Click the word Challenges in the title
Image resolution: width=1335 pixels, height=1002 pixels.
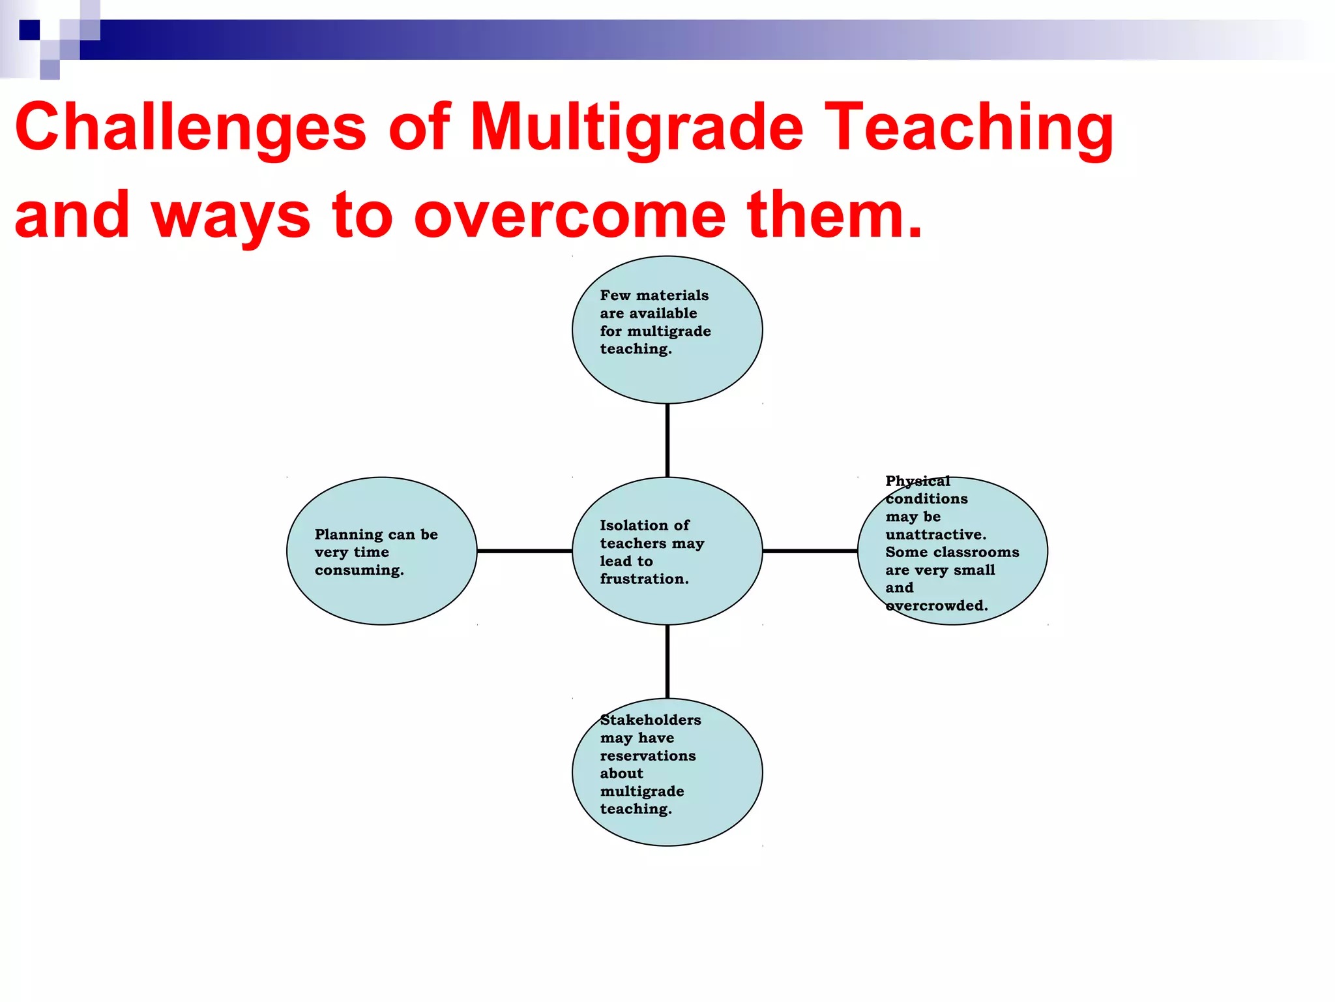(x=190, y=128)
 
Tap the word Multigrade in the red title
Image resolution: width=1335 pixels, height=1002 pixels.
(x=636, y=128)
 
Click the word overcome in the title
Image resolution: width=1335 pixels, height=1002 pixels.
(x=569, y=215)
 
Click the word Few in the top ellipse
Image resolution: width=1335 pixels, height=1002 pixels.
(x=615, y=296)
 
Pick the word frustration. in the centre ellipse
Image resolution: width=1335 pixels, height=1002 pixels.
(x=644, y=579)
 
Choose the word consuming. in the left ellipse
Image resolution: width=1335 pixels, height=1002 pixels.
(x=359, y=570)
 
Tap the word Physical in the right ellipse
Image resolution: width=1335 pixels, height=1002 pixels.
(x=917, y=481)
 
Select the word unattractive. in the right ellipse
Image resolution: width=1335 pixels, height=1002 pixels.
(x=935, y=535)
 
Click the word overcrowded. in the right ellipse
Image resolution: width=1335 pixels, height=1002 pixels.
(x=936, y=606)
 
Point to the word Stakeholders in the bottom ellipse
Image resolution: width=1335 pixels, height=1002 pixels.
(x=651, y=720)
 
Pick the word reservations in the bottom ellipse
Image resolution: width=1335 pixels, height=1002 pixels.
(x=647, y=756)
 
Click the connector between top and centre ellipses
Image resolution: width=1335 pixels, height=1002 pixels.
(x=667, y=440)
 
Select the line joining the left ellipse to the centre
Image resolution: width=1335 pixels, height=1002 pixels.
(x=525, y=551)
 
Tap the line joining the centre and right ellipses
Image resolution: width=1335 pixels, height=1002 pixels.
(x=810, y=551)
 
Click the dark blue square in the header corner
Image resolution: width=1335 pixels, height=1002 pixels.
(x=29, y=30)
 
